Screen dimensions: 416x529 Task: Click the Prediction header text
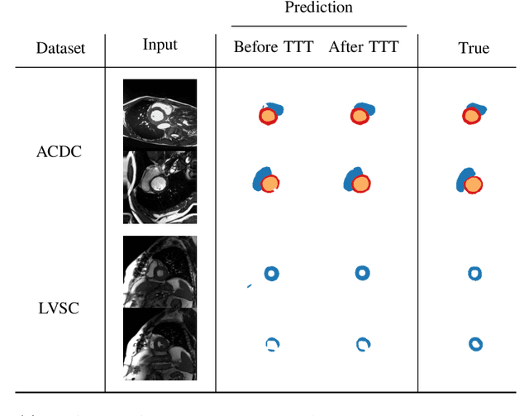coord(318,8)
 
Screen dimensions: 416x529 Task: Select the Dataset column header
coord(60,48)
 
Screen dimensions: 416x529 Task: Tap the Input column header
coord(160,45)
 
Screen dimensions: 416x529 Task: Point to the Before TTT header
coord(274,47)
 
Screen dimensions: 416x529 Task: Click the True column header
coord(474,48)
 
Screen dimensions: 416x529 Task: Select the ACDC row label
coord(60,152)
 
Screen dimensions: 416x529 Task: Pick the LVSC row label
coord(60,308)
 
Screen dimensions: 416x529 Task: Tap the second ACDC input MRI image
coord(160,186)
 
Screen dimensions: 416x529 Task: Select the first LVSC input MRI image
coord(160,271)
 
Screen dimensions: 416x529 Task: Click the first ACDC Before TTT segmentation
coord(269,114)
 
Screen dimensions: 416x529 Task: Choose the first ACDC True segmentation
coord(474,115)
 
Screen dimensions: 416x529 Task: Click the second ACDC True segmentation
coord(469,181)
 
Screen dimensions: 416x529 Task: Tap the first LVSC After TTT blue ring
coord(361,271)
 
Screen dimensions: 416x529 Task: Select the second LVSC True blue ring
coord(474,344)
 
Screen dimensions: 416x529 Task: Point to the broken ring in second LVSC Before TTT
coord(273,345)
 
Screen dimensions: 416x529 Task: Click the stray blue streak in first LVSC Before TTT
coord(249,286)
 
